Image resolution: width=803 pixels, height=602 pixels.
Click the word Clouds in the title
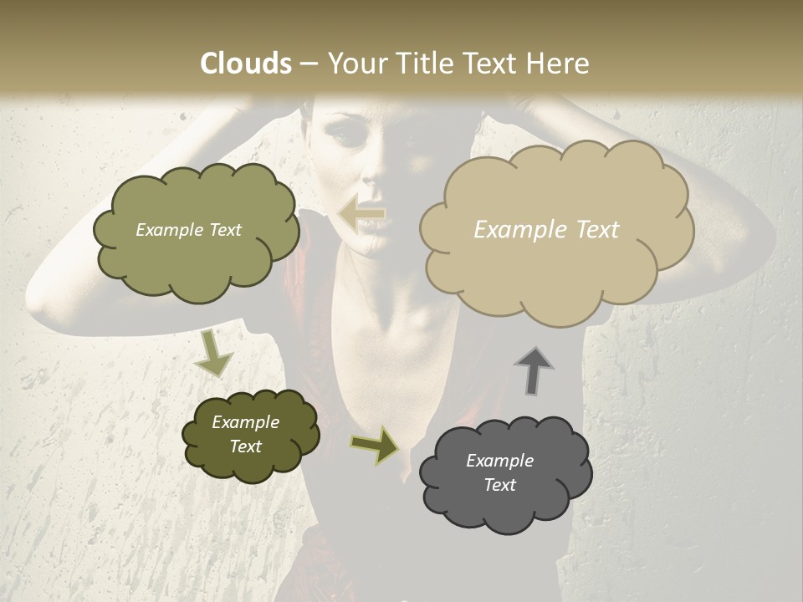246,64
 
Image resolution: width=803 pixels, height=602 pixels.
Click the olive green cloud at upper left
196,232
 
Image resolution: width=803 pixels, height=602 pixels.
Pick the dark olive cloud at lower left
249,435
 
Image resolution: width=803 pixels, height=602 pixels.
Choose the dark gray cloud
505,472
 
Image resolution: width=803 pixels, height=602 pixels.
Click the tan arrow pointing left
361,213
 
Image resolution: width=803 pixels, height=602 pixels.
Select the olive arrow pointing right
375,445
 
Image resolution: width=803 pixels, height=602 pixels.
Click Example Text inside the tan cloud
546,230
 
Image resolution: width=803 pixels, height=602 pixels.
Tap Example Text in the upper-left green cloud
188,230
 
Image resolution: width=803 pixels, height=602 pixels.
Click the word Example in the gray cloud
499,461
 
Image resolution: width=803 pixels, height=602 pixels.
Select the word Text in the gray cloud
499,485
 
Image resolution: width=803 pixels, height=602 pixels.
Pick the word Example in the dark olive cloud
245,422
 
